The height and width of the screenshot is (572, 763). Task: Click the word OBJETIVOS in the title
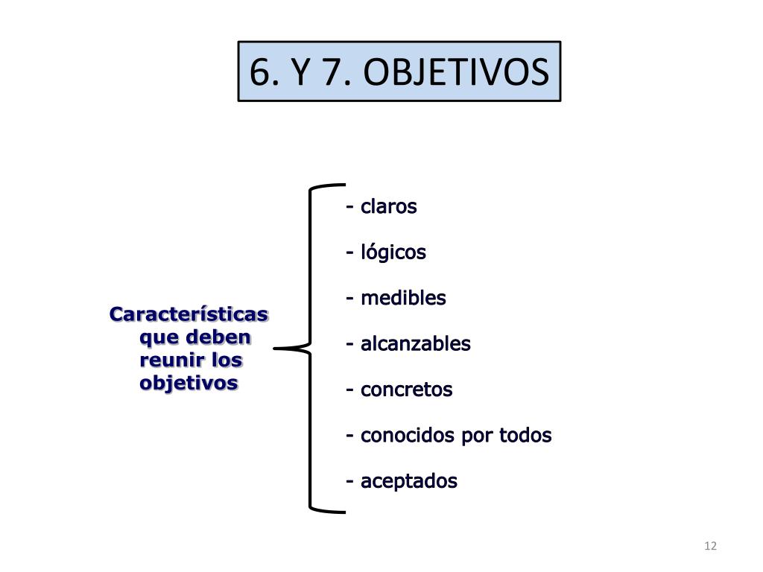point(458,72)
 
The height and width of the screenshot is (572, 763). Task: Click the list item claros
point(388,206)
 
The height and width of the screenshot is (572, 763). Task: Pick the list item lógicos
point(393,252)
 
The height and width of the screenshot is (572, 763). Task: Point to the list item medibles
point(403,298)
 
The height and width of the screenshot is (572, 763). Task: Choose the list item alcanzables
point(415,344)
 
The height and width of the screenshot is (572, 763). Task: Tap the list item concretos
point(406,390)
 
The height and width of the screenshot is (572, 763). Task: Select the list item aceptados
point(408,481)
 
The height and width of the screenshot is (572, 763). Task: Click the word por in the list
point(478,436)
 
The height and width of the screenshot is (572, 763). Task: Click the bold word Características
point(189,314)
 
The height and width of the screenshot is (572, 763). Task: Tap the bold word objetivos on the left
point(189,384)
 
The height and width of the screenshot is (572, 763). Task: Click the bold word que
point(159,338)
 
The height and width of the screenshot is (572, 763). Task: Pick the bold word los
point(227,360)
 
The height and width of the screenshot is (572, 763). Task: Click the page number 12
point(710,546)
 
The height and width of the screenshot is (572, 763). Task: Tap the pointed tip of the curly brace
point(276,348)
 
